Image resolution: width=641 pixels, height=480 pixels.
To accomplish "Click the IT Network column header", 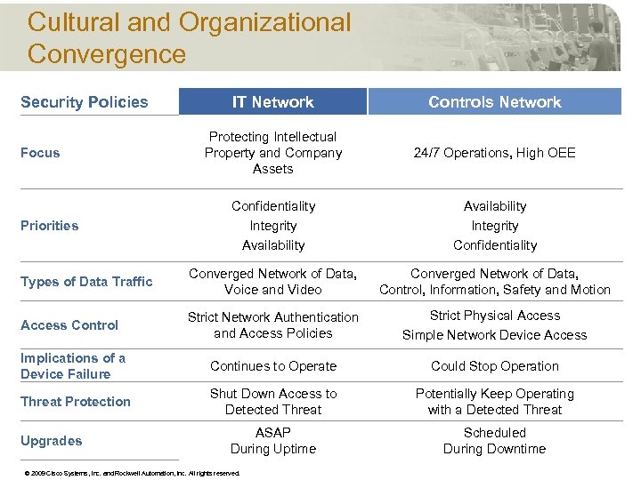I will (272, 102).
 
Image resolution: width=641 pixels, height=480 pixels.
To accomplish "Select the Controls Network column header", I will (494, 102).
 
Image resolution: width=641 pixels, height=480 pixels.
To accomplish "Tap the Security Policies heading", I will (85, 102).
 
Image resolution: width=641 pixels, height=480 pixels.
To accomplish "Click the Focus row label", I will (40, 153).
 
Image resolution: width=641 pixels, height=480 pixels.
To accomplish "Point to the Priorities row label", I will (49, 226).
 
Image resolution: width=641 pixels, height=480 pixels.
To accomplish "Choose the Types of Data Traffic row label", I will (86, 282).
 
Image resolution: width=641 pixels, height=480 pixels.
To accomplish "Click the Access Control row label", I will (69, 325).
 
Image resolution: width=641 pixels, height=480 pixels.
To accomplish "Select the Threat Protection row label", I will (76, 402).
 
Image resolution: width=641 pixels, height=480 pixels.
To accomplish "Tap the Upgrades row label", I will (52, 441).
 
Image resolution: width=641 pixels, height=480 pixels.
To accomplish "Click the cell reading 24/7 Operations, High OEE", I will (494, 153).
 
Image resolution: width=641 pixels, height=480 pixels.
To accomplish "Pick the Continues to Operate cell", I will (272, 366).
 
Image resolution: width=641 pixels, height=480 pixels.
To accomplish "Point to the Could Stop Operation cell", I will (494, 366).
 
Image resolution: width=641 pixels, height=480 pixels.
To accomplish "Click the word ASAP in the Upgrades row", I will (272, 433).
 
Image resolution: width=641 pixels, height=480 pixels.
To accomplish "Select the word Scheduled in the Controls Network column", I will (494, 433).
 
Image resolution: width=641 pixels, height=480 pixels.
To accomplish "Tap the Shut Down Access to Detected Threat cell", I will (272, 402).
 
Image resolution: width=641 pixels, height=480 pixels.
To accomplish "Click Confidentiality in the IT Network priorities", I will (272, 206).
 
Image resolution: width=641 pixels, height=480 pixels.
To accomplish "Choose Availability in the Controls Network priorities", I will (494, 206).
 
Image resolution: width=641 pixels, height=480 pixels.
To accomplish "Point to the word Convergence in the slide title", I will (107, 53).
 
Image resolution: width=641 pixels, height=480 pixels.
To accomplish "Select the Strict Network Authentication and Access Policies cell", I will (272, 325).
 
